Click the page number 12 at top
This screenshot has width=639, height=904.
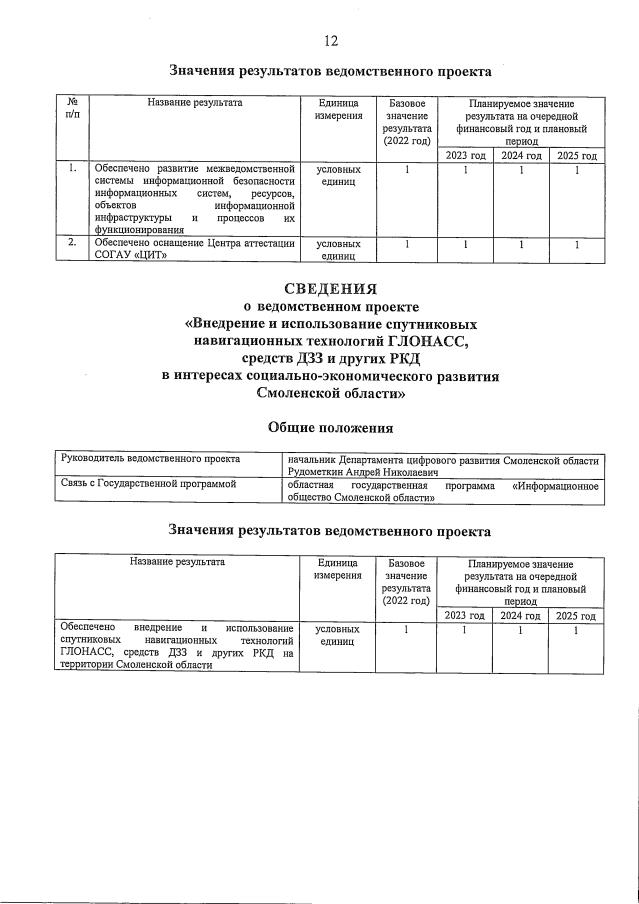tap(330, 41)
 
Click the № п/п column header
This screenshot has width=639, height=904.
tap(72, 109)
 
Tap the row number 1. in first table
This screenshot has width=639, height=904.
tap(72, 170)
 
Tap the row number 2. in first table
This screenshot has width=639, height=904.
tap(72, 243)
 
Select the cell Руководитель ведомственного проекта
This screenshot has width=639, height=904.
tap(150, 459)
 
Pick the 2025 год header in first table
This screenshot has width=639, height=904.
tap(577, 156)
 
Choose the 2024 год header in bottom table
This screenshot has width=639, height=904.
tap(520, 617)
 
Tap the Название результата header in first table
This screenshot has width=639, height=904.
tap(194, 103)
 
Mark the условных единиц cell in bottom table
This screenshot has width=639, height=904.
tap(337, 637)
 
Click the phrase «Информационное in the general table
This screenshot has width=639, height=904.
tap(555, 486)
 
